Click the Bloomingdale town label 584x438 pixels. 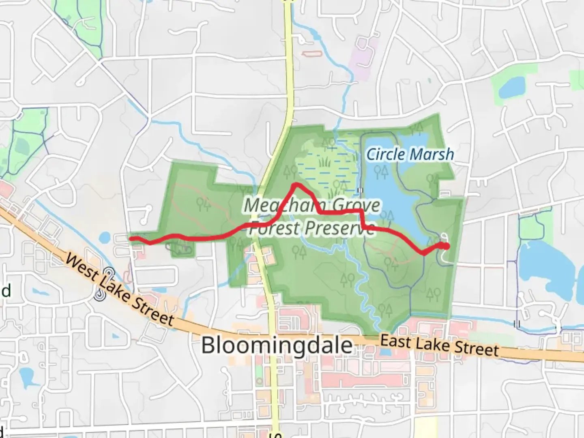277,346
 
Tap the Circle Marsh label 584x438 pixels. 410,155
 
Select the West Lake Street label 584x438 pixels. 120,289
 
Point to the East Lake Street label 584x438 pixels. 440,346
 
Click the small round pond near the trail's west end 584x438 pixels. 104,237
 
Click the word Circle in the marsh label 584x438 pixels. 385,155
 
